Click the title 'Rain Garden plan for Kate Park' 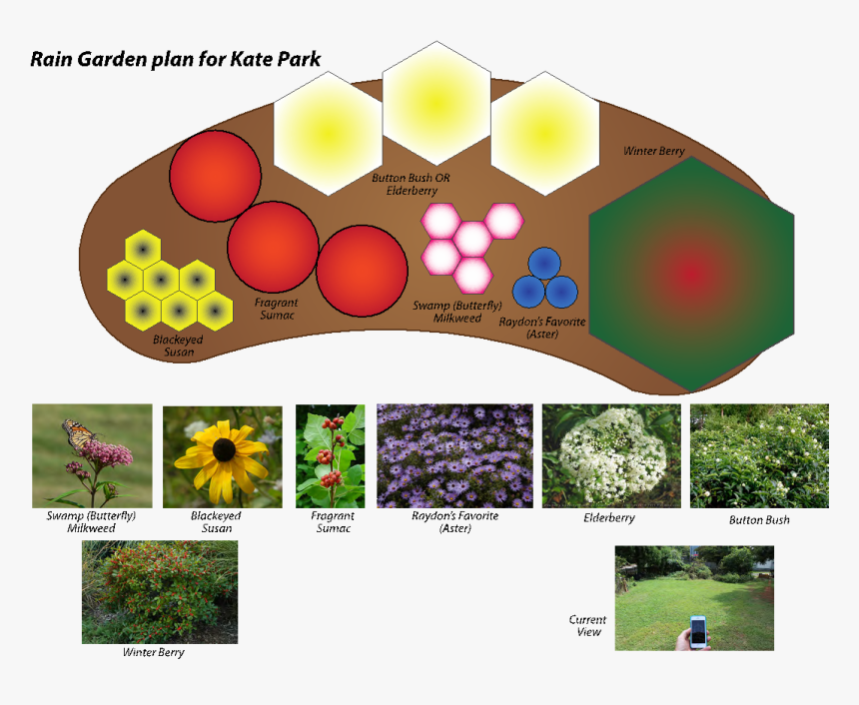pyautogui.click(x=176, y=59)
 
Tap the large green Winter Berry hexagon pyautogui.click(x=691, y=274)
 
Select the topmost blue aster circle pyautogui.click(x=544, y=264)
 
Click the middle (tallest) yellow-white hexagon pyautogui.click(x=436, y=103)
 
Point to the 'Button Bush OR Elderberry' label pyautogui.click(x=411, y=184)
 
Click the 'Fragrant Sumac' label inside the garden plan pyautogui.click(x=277, y=309)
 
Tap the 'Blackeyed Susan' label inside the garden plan pyautogui.click(x=178, y=346)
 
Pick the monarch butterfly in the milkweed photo pyautogui.click(x=79, y=433)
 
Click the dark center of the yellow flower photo pyautogui.click(x=224, y=449)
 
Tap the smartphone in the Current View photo pyautogui.click(x=698, y=632)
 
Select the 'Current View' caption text pyautogui.click(x=587, y=625)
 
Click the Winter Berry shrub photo pyautogui.click(x=160, y=592)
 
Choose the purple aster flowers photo pyautogui.click(x=454, y=455)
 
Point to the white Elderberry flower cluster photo pyautogui.click(x=611, y=455)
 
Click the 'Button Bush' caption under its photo pyautogui.click(x=759, y=520)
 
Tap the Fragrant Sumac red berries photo pyautogui.click(x=331, y=455)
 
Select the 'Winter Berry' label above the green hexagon pyautogui.click(x=654, y=151)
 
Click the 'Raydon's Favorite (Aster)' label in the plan pyautogui.click(x=541, y=328)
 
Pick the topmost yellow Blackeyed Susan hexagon pyautogui.click(x=143, y=250)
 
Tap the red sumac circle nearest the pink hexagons pyautogui.click(x=362, y=271)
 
